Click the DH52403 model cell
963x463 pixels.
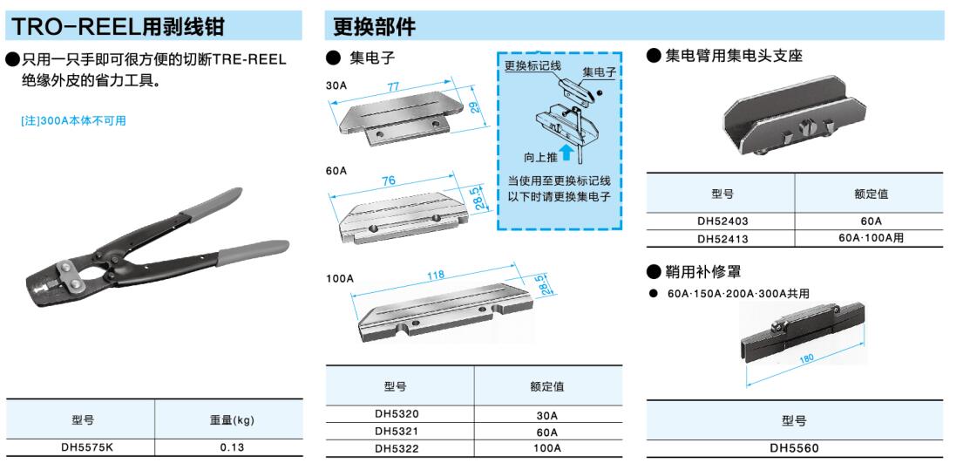(722, 221)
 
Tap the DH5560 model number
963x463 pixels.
(794, 448)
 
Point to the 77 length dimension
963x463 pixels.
(393, 87)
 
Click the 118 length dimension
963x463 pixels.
(435, 275)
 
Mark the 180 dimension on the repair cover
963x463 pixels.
(806, 357)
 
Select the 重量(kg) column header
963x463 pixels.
(228, 420)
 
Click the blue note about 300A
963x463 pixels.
(73, 121)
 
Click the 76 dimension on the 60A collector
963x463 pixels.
(388, 181)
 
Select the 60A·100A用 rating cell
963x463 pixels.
(871, 238)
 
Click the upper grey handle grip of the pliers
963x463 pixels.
(211, 203)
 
